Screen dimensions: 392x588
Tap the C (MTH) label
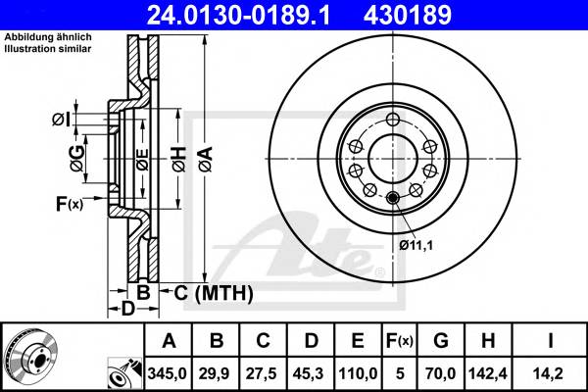tap(214, 292)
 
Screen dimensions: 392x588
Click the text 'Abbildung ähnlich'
tap(48, 36)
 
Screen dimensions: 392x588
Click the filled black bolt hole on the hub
tap(393, 200)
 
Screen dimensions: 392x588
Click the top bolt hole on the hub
tap(393, 120)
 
